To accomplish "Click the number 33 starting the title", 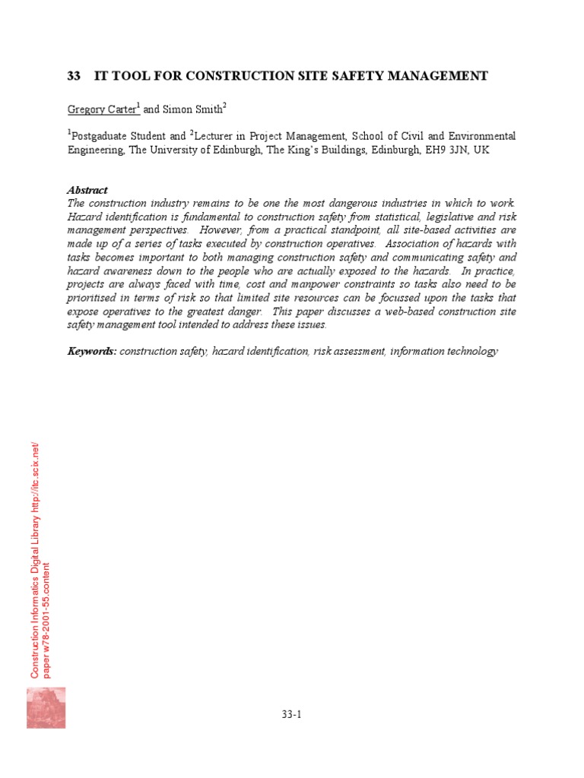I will point(74,76).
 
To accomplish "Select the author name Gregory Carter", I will point(102,109).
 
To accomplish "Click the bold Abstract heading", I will point(87,190).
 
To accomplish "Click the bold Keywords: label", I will point(92,351).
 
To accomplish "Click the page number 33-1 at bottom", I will point(292,714).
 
